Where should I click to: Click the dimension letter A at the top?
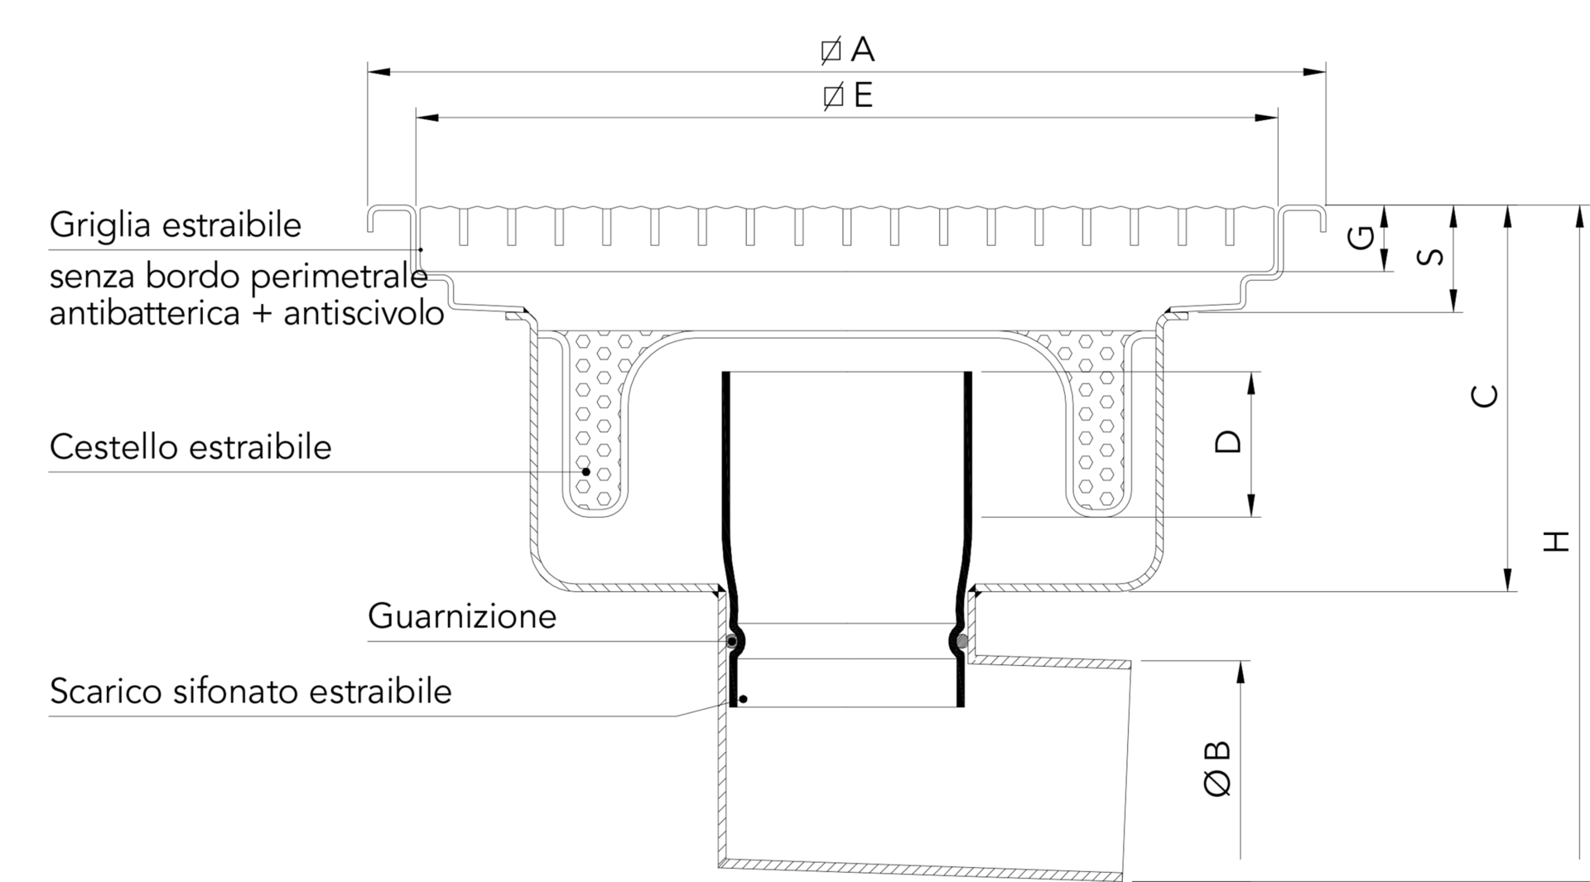862,50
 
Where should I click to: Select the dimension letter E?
862,96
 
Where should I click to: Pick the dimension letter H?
1557,542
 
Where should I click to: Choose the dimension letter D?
1228,442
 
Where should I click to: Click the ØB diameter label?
1217,769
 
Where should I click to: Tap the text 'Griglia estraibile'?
176,225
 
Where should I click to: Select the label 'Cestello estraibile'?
190,447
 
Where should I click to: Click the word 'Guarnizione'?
462,616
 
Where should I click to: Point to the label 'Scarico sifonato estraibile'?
251,691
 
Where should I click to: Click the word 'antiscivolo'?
364,314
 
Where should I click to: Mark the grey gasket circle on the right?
961,641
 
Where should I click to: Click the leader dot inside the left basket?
586,471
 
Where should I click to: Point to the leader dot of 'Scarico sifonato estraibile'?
743,700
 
